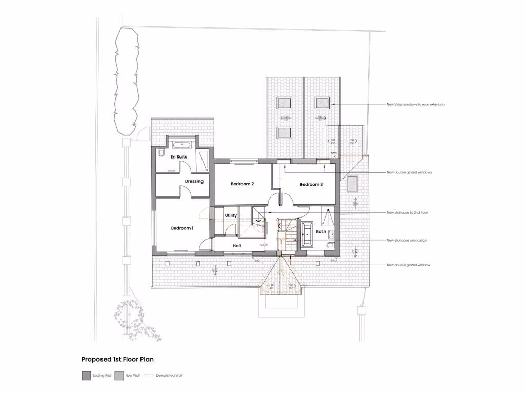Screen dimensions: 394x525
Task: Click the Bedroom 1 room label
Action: coord(182,228)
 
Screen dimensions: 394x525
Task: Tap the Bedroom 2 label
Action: coord(242,184)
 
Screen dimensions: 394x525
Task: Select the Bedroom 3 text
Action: coord(311,184)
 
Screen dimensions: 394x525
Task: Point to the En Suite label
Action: coord(179,156)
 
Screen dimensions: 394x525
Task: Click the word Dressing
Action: coord(194,181)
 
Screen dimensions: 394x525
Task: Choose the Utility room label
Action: coord(231,215)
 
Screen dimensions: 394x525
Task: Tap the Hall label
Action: coord(237,246)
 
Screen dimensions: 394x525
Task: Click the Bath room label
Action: coord(321,232)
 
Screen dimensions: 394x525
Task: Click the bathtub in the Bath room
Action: coord(308,235)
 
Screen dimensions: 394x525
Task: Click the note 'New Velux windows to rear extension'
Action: coord(415,104)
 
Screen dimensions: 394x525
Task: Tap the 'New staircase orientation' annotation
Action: coord(407,240)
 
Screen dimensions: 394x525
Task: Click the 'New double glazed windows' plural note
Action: coord(409,172)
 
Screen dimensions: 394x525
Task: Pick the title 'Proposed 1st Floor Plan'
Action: coord(117,360)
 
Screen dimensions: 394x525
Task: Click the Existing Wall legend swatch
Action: coord(86,375)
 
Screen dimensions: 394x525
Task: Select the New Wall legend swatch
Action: coord(119,375)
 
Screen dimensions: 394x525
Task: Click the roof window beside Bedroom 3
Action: coord(352,184)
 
